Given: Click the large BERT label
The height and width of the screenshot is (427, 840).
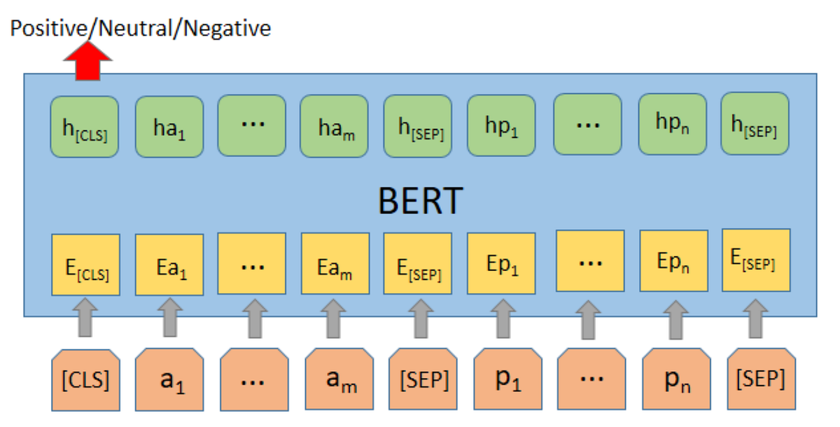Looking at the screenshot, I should click(x=420, y=202).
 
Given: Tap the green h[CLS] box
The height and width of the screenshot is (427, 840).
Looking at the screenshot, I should click(x=84, y=127).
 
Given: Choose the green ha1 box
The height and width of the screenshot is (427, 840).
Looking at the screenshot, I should click(x=169, y=127).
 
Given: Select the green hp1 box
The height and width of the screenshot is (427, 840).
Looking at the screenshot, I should click(x=500, y=127).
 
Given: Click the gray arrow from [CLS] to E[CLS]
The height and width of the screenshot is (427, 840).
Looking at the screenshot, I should click(x=86, y=319).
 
